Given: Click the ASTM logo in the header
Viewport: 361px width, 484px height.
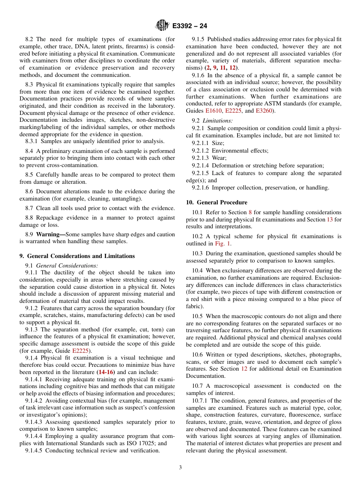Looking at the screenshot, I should click(162, 25).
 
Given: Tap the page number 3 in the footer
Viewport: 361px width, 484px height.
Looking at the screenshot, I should click(180, 468).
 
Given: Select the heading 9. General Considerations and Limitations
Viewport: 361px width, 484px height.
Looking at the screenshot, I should click(77, 256).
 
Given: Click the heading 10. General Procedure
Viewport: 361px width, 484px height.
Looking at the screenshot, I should click(217, 202).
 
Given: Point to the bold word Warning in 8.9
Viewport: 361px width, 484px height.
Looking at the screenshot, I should click(48, 234).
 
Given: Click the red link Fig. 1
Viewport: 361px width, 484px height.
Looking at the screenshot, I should click(223, 244).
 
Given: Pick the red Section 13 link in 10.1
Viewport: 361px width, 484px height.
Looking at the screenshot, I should click(329, 220).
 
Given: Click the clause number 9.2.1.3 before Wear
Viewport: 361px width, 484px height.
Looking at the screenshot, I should click(201, 158).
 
